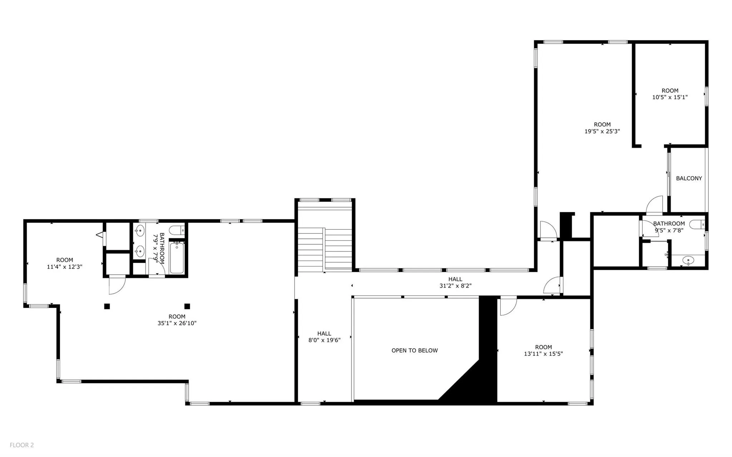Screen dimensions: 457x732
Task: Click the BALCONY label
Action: pos(689,178)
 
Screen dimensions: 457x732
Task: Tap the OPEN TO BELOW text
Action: pos(414,351)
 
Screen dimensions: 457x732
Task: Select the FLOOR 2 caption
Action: pos(21,445)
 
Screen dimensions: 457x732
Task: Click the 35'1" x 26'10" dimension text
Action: pos(177,323)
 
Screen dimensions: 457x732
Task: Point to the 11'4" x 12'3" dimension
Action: pos(65,267)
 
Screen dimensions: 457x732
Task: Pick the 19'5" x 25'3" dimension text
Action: pos(602,131)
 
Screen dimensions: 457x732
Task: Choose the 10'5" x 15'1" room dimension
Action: pos(670,97)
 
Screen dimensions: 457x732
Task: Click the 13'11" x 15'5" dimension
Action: pos(543,354)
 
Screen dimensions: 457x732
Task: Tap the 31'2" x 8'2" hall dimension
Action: pos(455,286)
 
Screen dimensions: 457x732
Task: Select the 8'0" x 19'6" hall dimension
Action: pos(324,340)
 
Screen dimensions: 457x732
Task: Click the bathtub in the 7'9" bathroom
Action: pos(177,258)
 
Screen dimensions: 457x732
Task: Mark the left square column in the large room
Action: pos(107,306)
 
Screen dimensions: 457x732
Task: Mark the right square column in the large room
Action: pos(187,306)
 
